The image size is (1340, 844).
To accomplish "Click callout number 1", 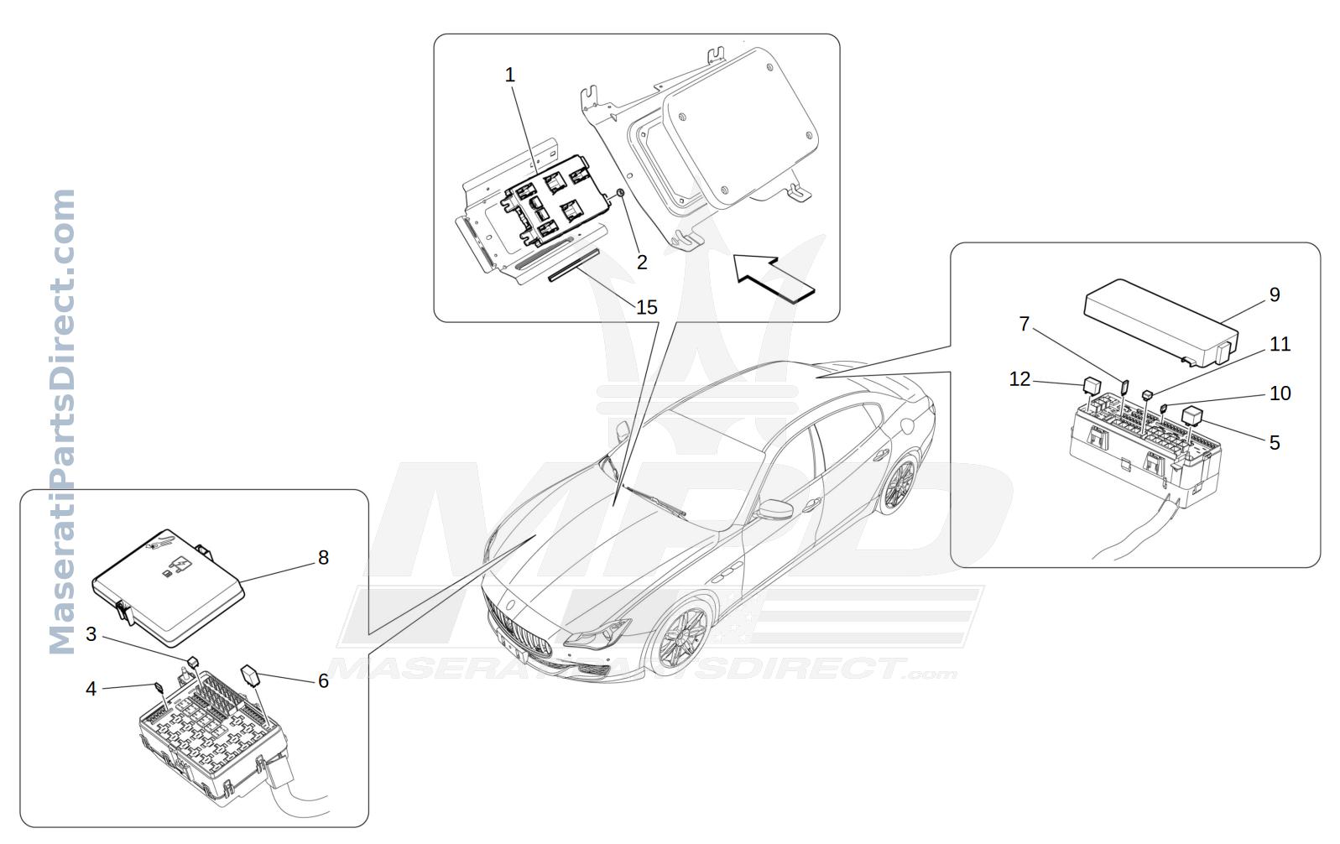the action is coord(509,76).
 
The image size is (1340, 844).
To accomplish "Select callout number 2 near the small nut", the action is coord(642,263).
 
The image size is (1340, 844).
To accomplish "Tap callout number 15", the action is coord(647,307).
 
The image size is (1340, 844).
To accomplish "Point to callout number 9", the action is coord(1275,294).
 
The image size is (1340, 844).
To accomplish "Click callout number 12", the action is coord(1020,379).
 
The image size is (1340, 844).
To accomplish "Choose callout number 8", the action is coord(323,558).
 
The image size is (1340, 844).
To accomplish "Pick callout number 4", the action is coord(91,689).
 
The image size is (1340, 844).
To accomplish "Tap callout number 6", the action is coord(323,681).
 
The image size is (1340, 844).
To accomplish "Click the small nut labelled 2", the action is coord(620,193).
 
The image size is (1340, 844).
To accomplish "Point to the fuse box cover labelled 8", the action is coord(168,588).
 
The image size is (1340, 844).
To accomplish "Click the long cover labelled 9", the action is coord(1160,322).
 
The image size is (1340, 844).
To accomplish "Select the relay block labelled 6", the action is coord(250,675).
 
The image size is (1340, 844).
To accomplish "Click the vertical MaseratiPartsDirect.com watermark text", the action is coord(61,422).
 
